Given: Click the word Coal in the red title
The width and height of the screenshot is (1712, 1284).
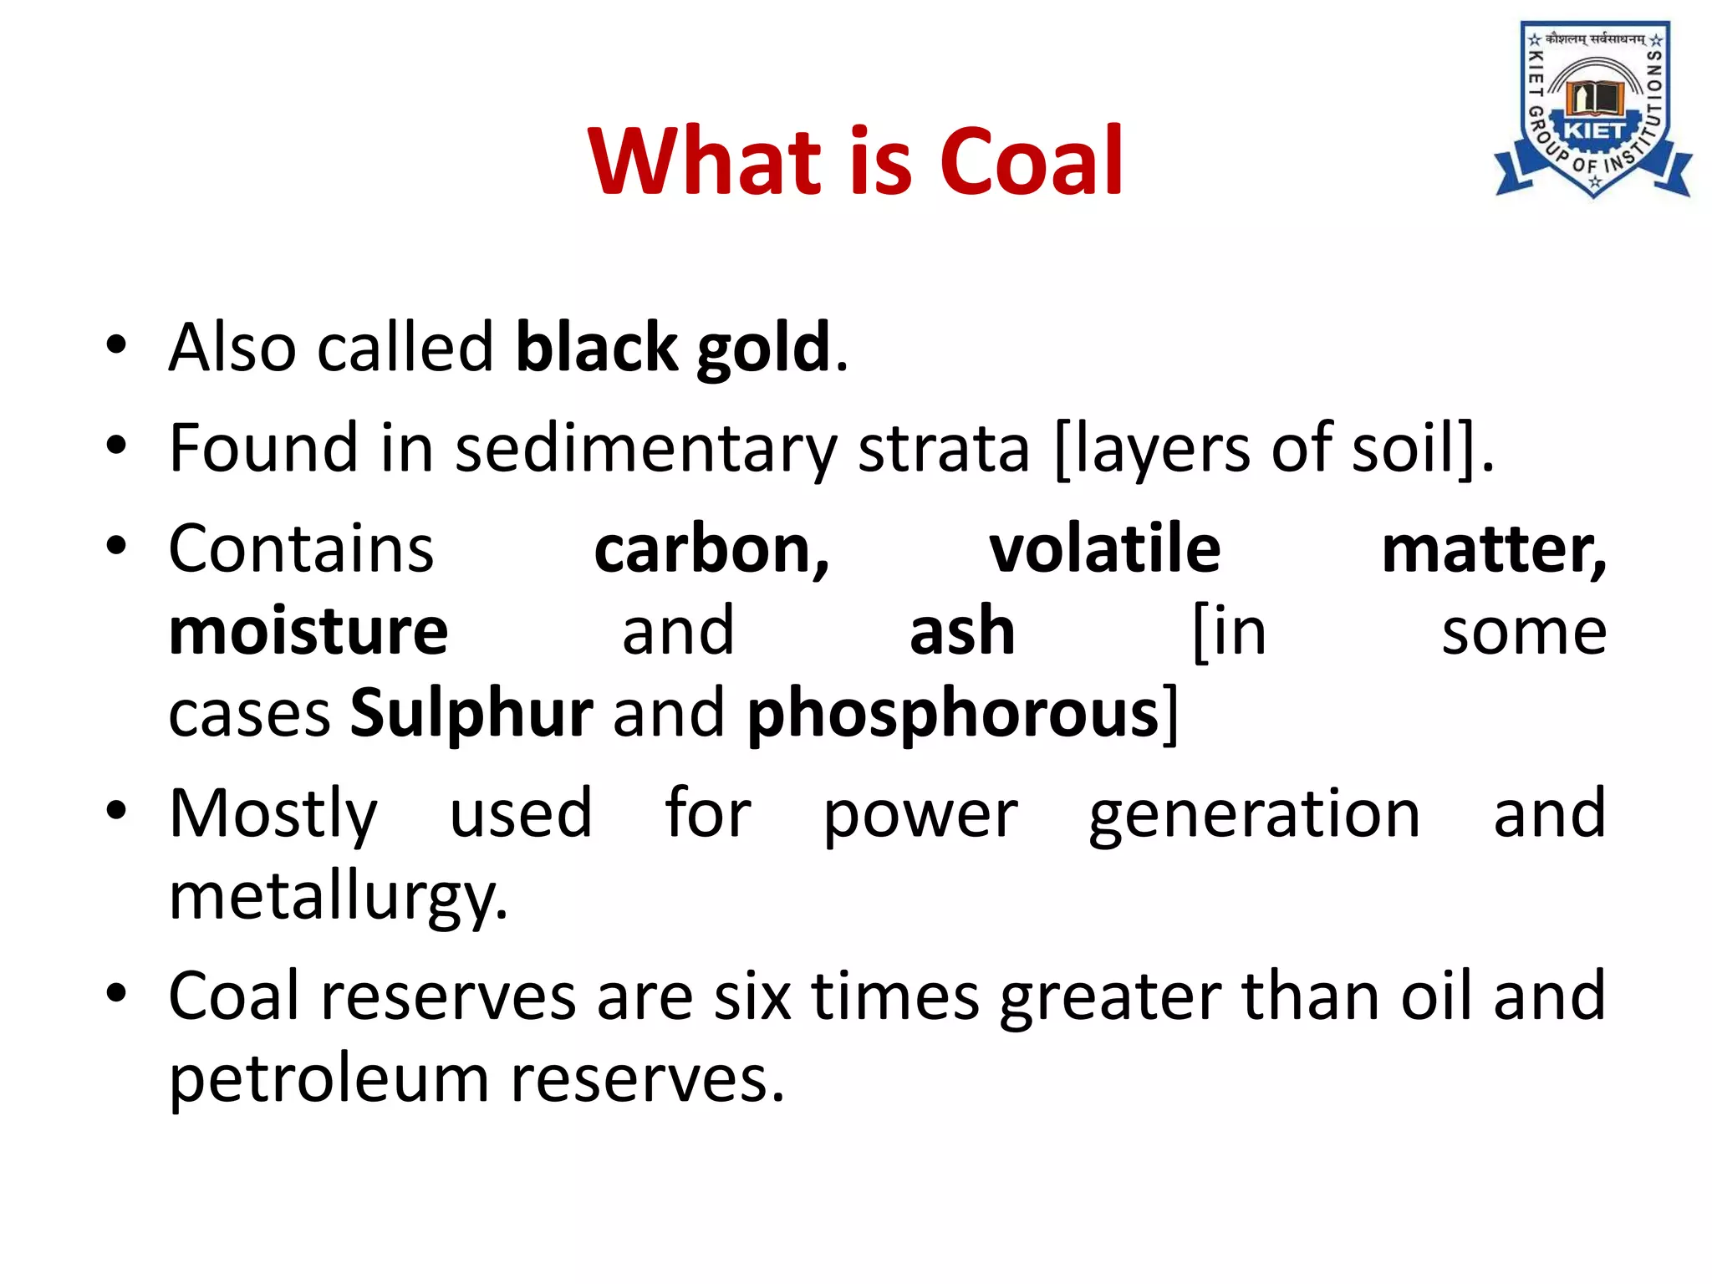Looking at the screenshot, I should pyautogui.click(x=1032, y=162).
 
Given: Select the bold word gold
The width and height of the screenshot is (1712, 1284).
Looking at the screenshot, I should pyautogui.click(x=763, y=348).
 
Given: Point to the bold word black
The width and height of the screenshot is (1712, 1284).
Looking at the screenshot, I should pyautogui.click(x=596, y=348).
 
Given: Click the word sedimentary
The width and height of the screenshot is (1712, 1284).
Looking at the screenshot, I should pyautogui.click(x=645, y=449).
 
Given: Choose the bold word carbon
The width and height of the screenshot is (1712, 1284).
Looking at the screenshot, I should pyautogui.click(x=711, y=550).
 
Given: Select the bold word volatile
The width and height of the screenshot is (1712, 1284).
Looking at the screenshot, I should pyautogui.click(x=1105, y=550).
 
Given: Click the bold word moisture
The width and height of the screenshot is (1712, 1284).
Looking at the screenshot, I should pyautogui.click(x=308, y=632).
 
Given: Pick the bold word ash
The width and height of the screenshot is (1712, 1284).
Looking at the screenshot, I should pyautogui.click(x=962, y=632).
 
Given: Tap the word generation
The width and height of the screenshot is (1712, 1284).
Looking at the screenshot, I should pyautogui.click(x=1254, y=815).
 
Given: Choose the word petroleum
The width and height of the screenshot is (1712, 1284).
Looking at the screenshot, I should pyautogui.click(x=329, y=1080).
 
